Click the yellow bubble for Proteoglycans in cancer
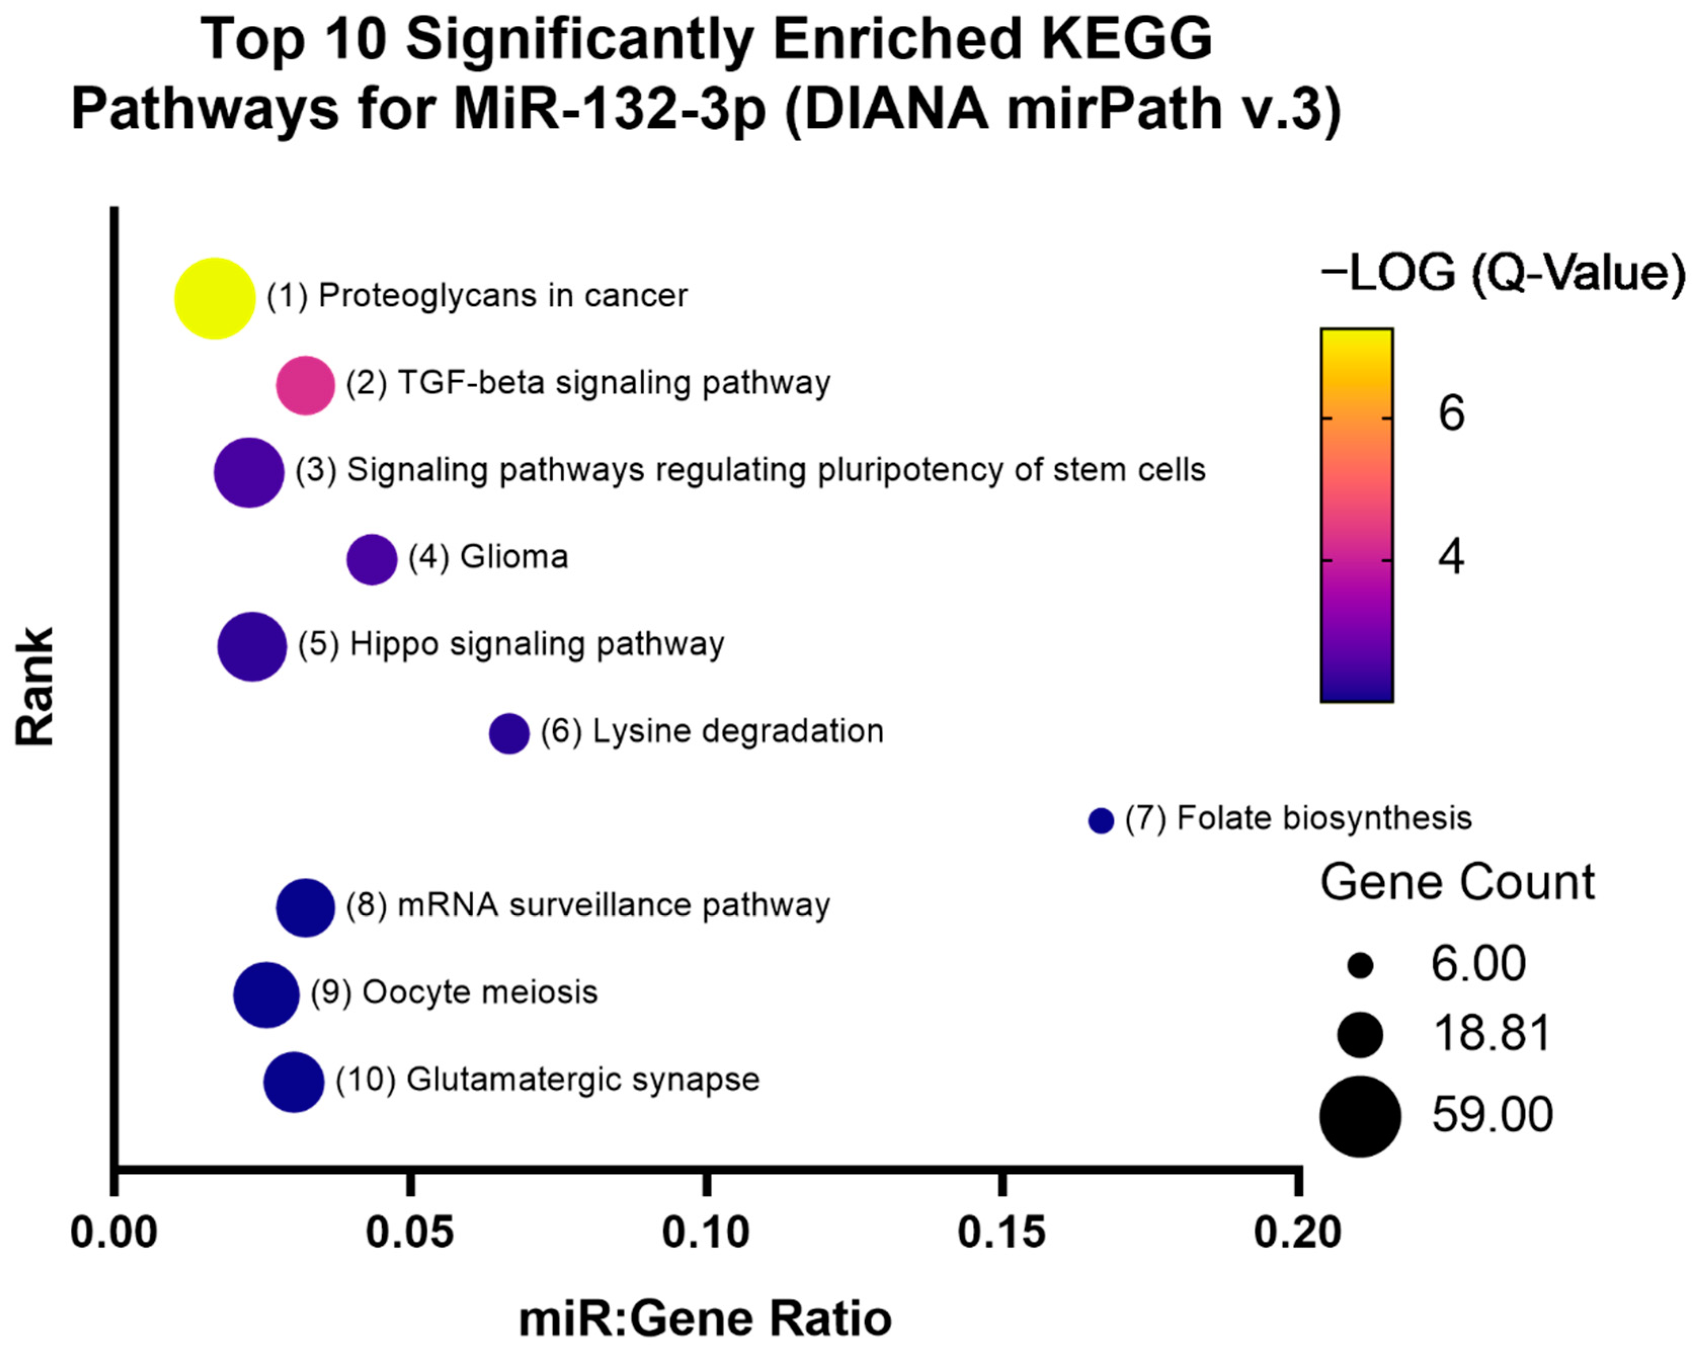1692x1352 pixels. click(x=214, y=298)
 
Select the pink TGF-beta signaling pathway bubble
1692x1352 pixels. click(x=305, y=385)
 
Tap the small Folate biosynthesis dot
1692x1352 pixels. click(x=1101, y=820)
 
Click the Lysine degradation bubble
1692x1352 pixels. click(x=509, y=733)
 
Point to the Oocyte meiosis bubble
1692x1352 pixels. click(x=266, y=994)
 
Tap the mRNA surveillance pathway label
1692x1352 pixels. click(x=587, y=905)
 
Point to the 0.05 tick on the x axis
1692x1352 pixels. click(x=409, y=1232)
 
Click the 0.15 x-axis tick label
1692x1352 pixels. click(x=1002, y=1232)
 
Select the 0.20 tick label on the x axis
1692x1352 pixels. click(x=1297, y=1232)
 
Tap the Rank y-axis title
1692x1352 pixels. click(x=35, y=686)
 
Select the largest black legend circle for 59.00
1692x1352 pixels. click(x=1360, y=1116)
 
